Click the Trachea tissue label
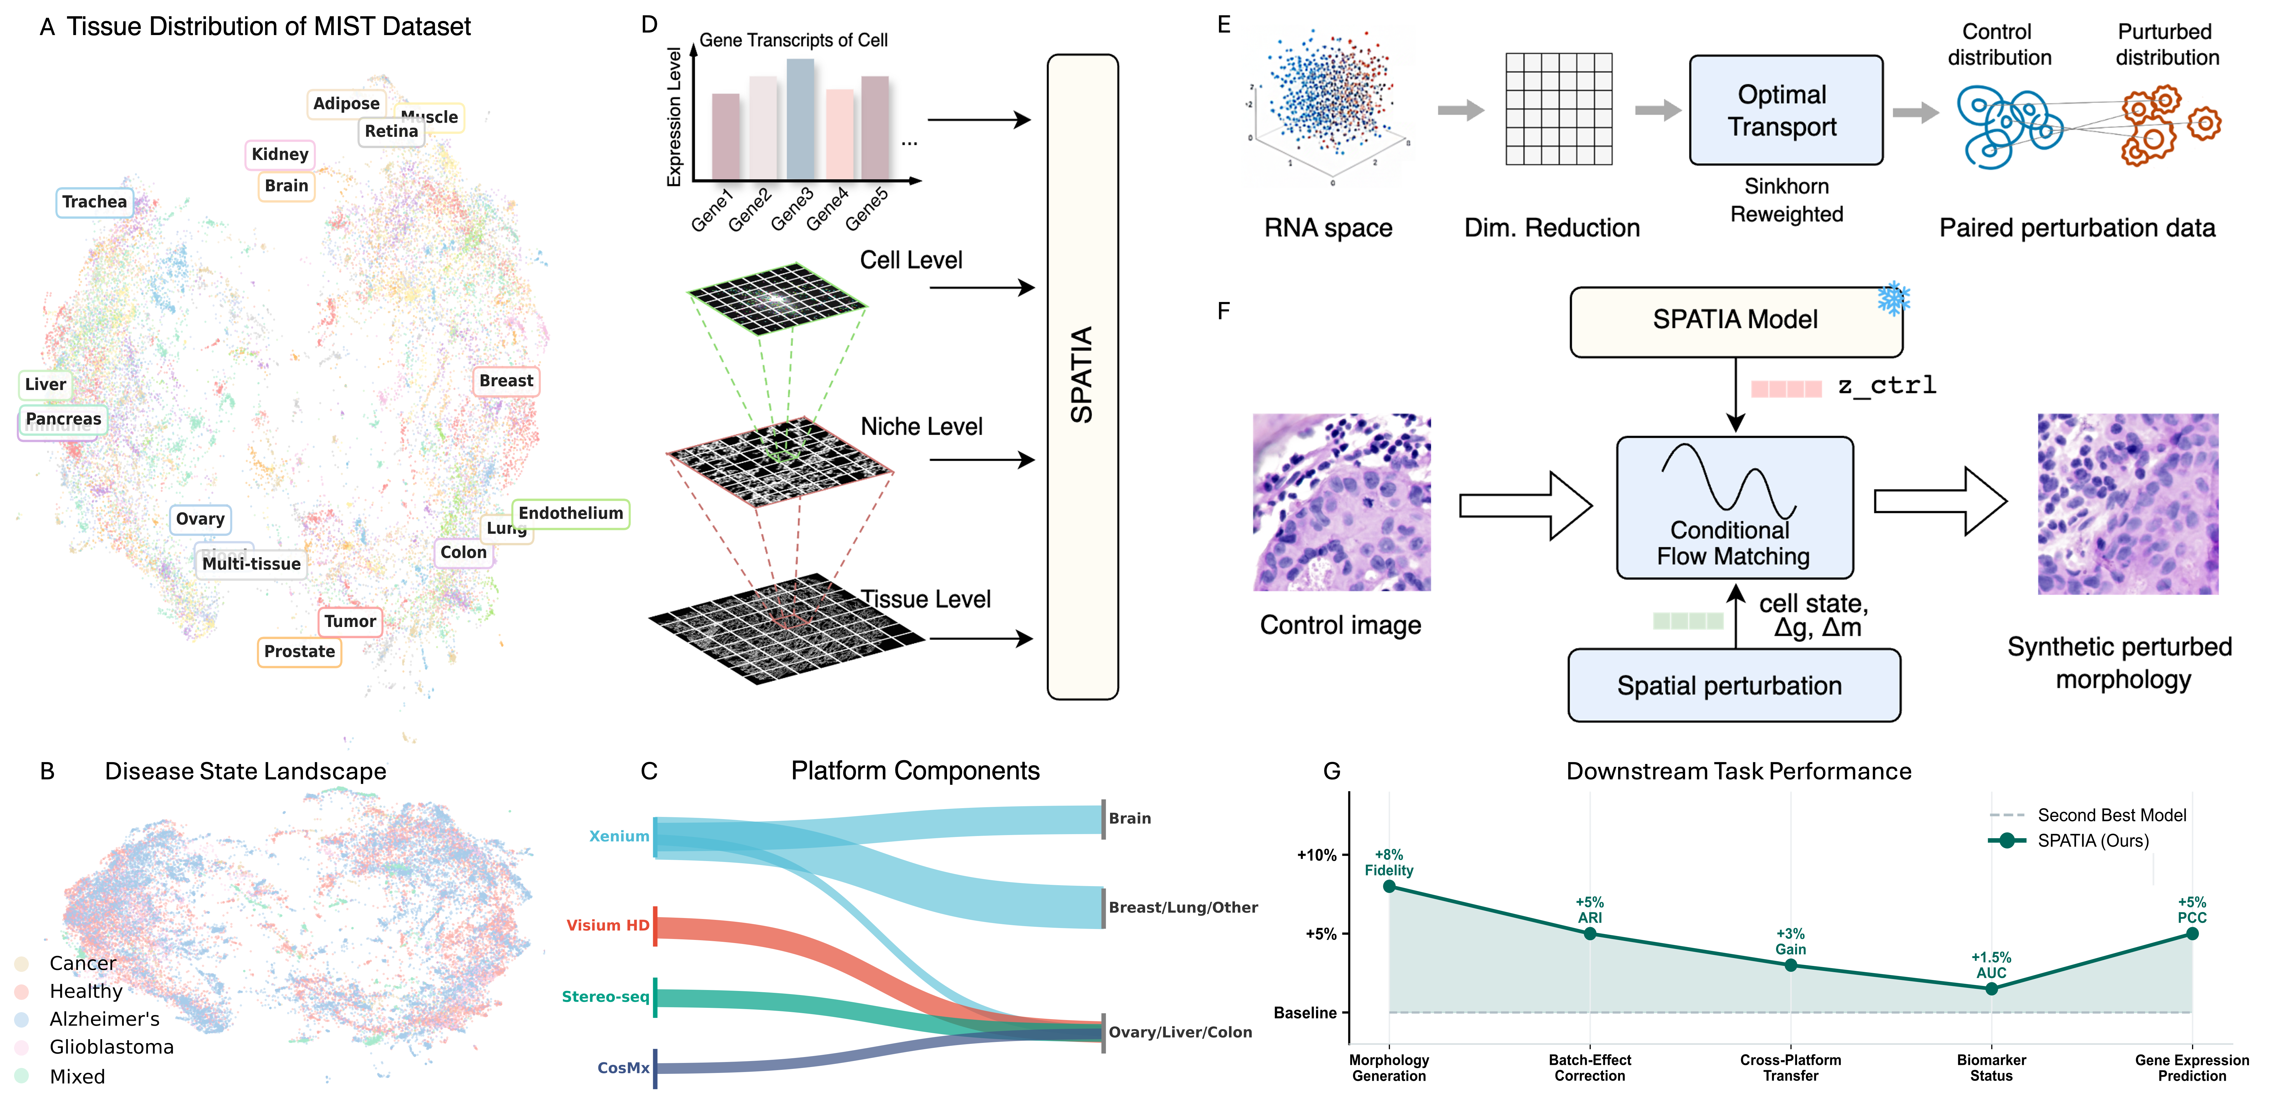94,202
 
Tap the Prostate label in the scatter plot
300,652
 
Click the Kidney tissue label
279,154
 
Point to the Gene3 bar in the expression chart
800,119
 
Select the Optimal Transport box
1785,110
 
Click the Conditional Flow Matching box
1734,508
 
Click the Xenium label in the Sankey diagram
618,836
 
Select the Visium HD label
607,925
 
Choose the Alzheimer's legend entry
104,1019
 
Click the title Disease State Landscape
245,772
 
